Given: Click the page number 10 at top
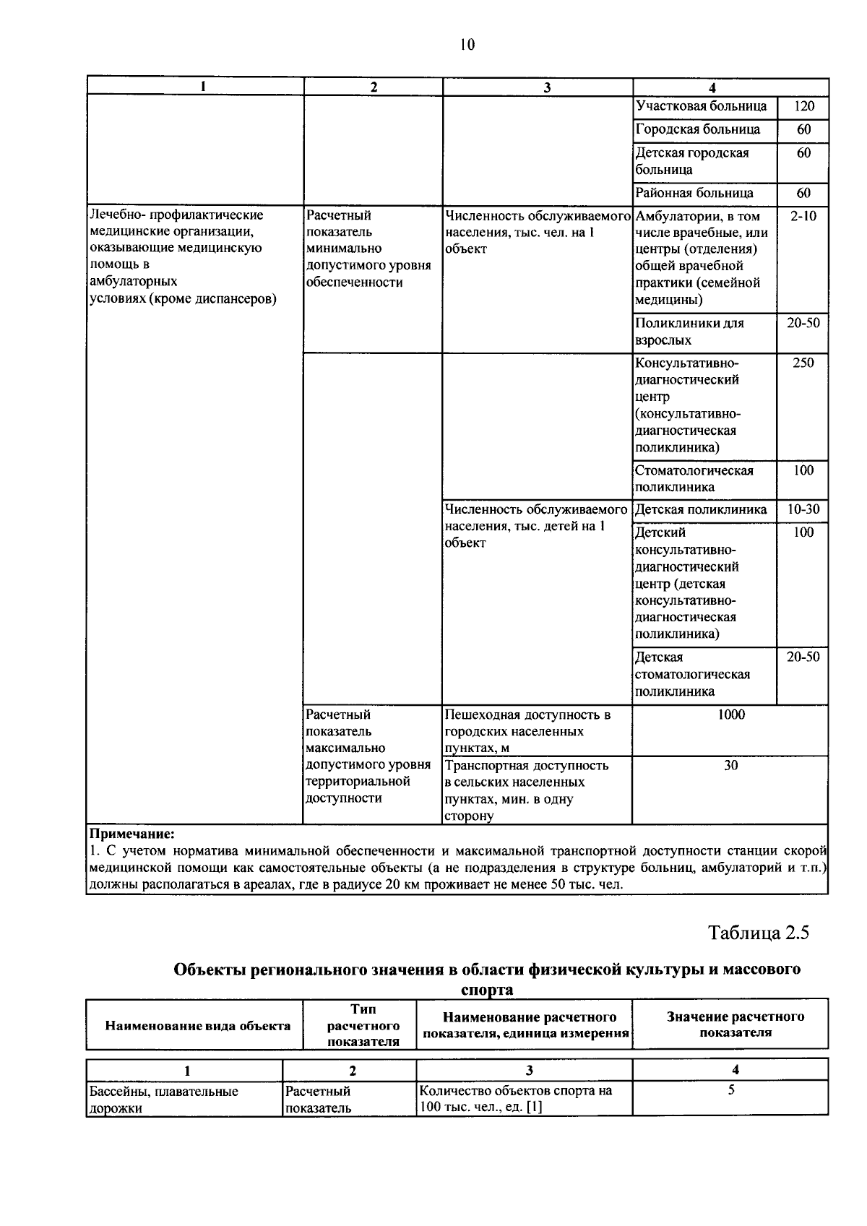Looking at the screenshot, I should click(467, 45).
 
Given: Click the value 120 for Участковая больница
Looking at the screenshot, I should click(803, 107).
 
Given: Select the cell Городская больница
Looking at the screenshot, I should click(698, 130).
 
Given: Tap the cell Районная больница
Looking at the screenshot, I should click(694, 193).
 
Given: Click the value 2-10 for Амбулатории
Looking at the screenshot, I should click(803, 216).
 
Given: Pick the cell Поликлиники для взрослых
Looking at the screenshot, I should click(689, 332).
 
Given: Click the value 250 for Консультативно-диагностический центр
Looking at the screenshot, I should click(803, 363).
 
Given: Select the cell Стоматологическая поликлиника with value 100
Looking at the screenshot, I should click(694, 478).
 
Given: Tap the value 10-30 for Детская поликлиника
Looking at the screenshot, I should click(803, 509).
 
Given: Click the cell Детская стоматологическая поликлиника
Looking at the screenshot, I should click(692, 674).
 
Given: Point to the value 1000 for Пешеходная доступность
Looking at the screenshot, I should click(731, 715).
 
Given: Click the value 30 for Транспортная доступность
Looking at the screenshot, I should click(731, 765).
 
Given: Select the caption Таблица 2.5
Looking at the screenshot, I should click(759, 933).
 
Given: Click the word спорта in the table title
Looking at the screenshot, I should click(487, 990).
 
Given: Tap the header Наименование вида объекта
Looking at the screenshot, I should click(198, 1026).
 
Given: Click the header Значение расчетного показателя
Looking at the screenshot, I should click(735, 1024).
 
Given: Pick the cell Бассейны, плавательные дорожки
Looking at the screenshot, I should click(163, 1099).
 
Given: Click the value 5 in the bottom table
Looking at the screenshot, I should click(731, 1090).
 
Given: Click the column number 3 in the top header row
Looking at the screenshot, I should click(547, 87).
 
